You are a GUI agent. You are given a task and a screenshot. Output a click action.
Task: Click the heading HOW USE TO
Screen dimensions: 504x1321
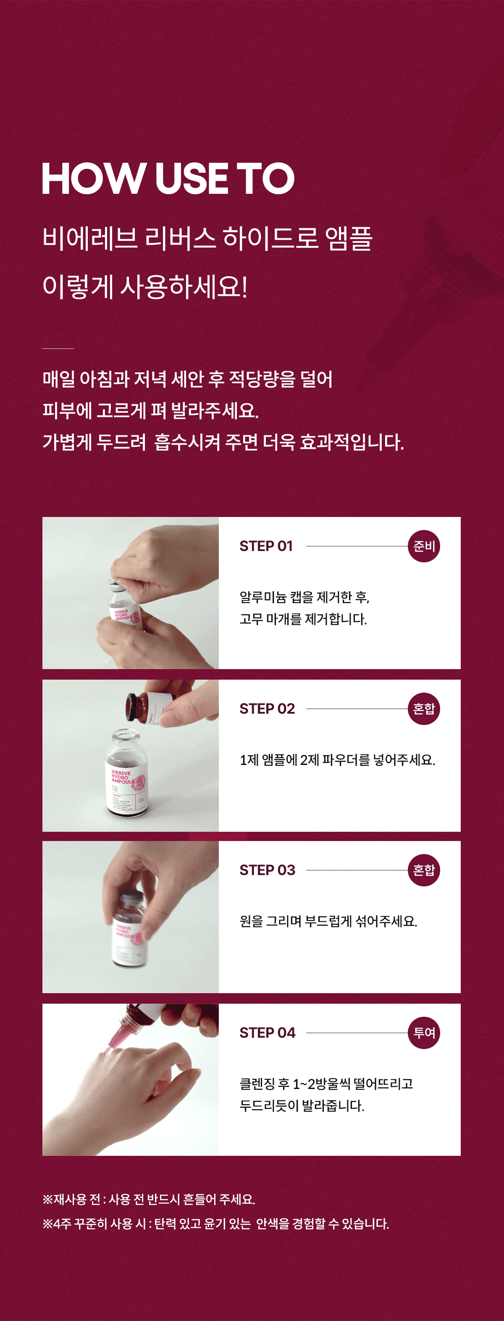(x=168, y=179)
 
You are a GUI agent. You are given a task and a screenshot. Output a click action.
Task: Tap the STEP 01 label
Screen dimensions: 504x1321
(x=266, y=546)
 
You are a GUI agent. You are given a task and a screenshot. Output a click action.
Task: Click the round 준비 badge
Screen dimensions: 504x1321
(x=424, y=546)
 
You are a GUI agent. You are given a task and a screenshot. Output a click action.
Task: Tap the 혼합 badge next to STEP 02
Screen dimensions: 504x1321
(x=424, y=709)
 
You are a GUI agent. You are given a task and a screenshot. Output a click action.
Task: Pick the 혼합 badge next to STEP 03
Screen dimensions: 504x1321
(x=424, y=870)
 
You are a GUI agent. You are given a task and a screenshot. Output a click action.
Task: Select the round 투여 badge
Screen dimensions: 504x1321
(x=424, y=1033)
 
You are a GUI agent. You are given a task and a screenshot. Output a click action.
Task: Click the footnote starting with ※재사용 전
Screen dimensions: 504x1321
(x=149, y=1200)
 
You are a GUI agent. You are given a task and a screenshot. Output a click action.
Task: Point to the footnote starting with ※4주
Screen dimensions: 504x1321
(x=215, y=1224)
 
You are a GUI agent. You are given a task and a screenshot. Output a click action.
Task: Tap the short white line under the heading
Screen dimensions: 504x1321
(x=58, y=349)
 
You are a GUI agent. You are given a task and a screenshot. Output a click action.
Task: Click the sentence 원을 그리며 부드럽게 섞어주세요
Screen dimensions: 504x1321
(x=328, y=922)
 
